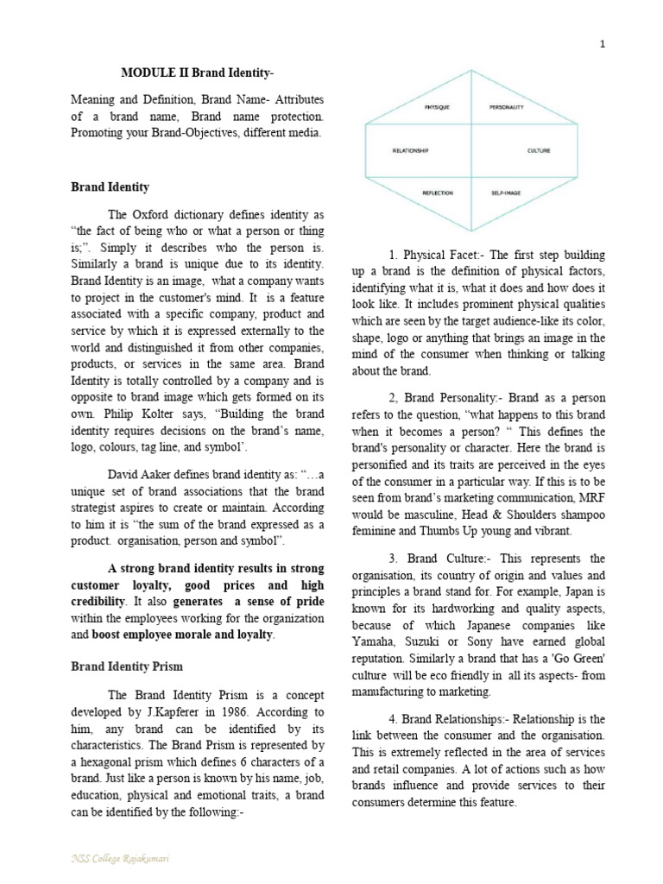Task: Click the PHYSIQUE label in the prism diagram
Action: [437, 107]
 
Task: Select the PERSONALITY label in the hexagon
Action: [507, 107]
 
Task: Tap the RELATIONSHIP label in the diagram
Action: [410, 150]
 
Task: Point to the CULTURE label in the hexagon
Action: [538, 150]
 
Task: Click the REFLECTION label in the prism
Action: [438, 193]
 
